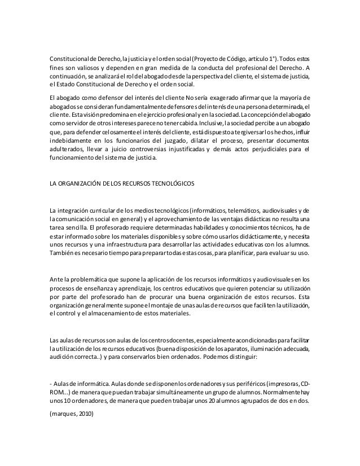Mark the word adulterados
click(x=67, y=149)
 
